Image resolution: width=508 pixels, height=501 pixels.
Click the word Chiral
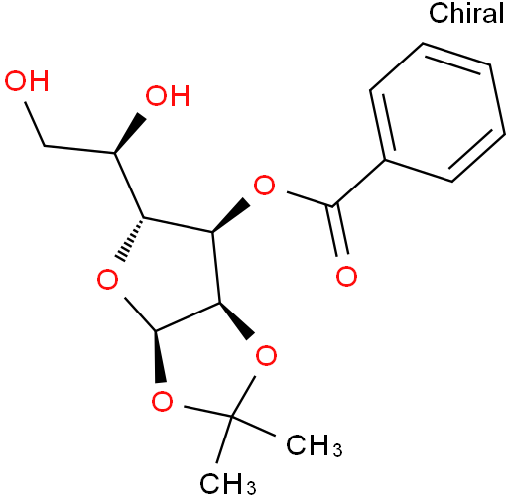466,13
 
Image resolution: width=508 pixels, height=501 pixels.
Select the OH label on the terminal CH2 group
27,81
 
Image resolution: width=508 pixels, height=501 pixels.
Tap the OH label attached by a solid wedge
168,96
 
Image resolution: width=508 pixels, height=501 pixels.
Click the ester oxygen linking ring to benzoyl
264,186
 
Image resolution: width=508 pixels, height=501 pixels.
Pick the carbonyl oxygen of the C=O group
346,276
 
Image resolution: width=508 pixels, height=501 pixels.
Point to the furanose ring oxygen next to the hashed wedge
107,280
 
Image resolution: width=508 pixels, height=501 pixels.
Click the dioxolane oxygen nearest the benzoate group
266,356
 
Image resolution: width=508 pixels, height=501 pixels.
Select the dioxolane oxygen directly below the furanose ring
162,401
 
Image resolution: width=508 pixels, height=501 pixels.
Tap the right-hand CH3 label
315,445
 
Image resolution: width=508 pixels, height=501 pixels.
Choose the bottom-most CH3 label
228,484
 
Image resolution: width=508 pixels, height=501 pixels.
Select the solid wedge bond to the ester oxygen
230,216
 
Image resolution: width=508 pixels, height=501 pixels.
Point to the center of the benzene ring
438,112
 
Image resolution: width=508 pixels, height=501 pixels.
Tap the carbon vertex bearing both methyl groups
232,418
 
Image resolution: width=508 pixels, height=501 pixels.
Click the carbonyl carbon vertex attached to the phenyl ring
332,206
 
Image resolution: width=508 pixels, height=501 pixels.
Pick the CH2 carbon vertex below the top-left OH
45,146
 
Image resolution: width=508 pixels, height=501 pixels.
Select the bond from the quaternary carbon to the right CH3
254,427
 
